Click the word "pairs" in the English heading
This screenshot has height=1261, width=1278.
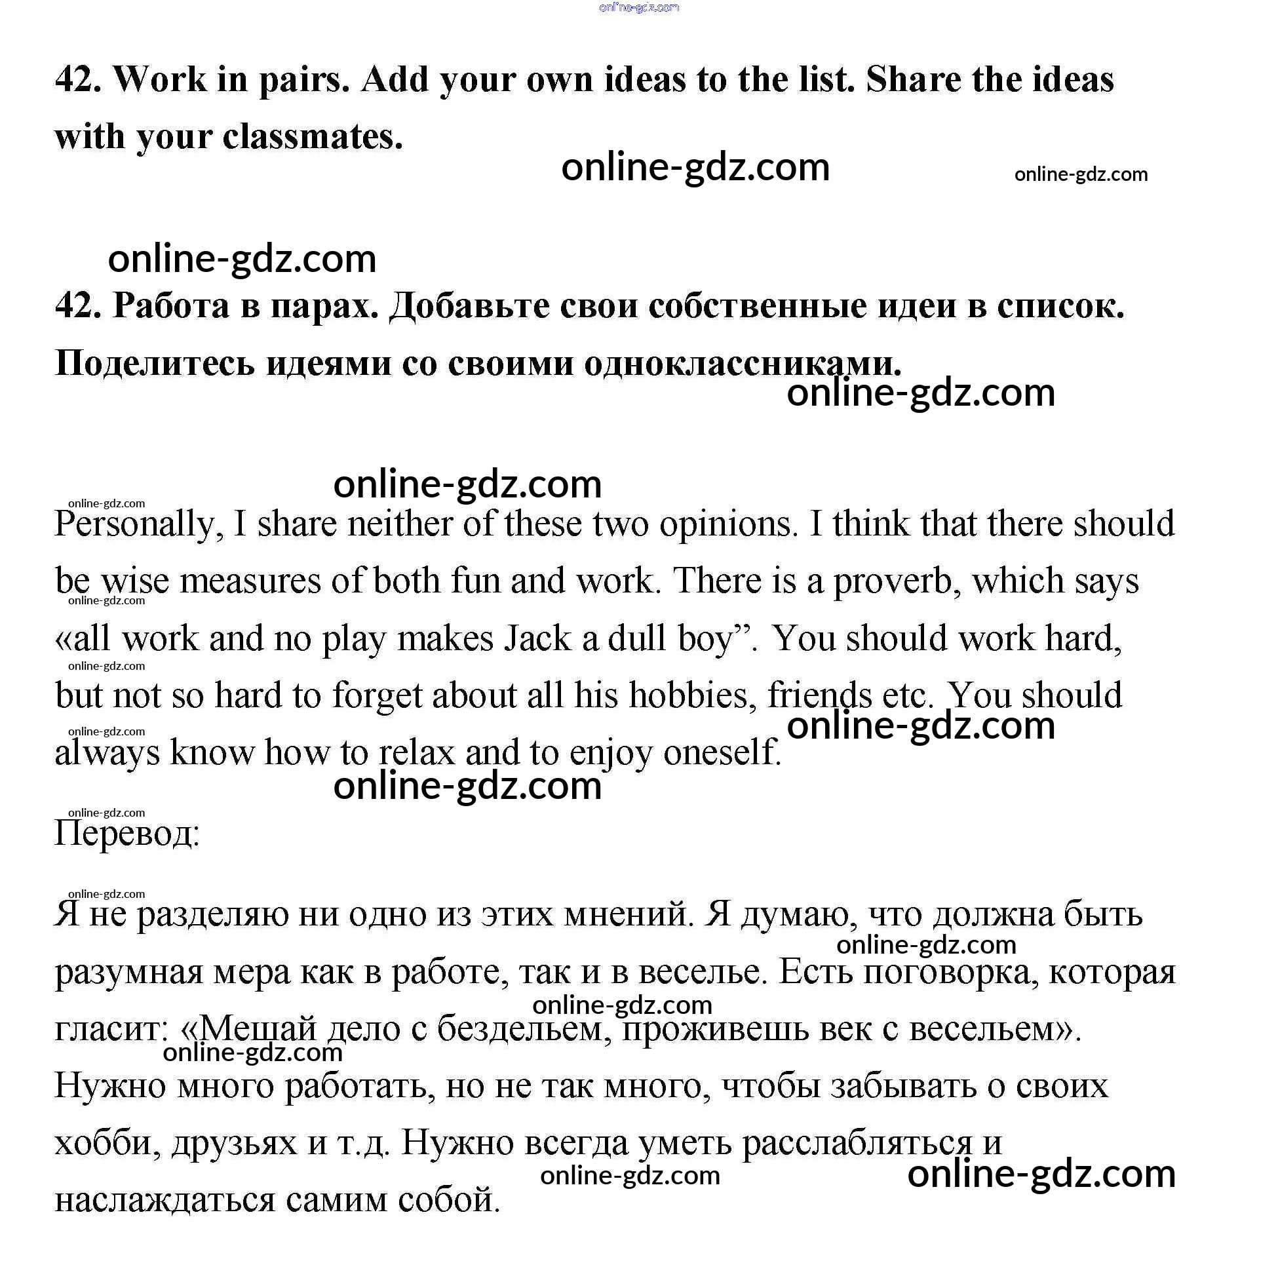click(302, 81)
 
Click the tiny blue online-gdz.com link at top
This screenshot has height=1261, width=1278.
click(639, 7)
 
